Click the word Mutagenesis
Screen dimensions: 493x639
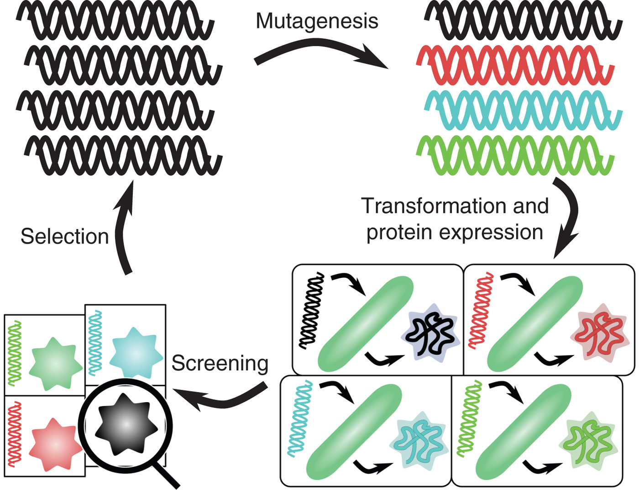point(317,21)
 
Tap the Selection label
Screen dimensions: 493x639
point(64,237)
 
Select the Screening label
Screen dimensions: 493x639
point(220,364)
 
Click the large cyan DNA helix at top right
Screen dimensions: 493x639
point(523,110)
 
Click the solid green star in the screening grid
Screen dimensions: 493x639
point(55,364)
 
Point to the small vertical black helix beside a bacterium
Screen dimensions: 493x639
point(311,311)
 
